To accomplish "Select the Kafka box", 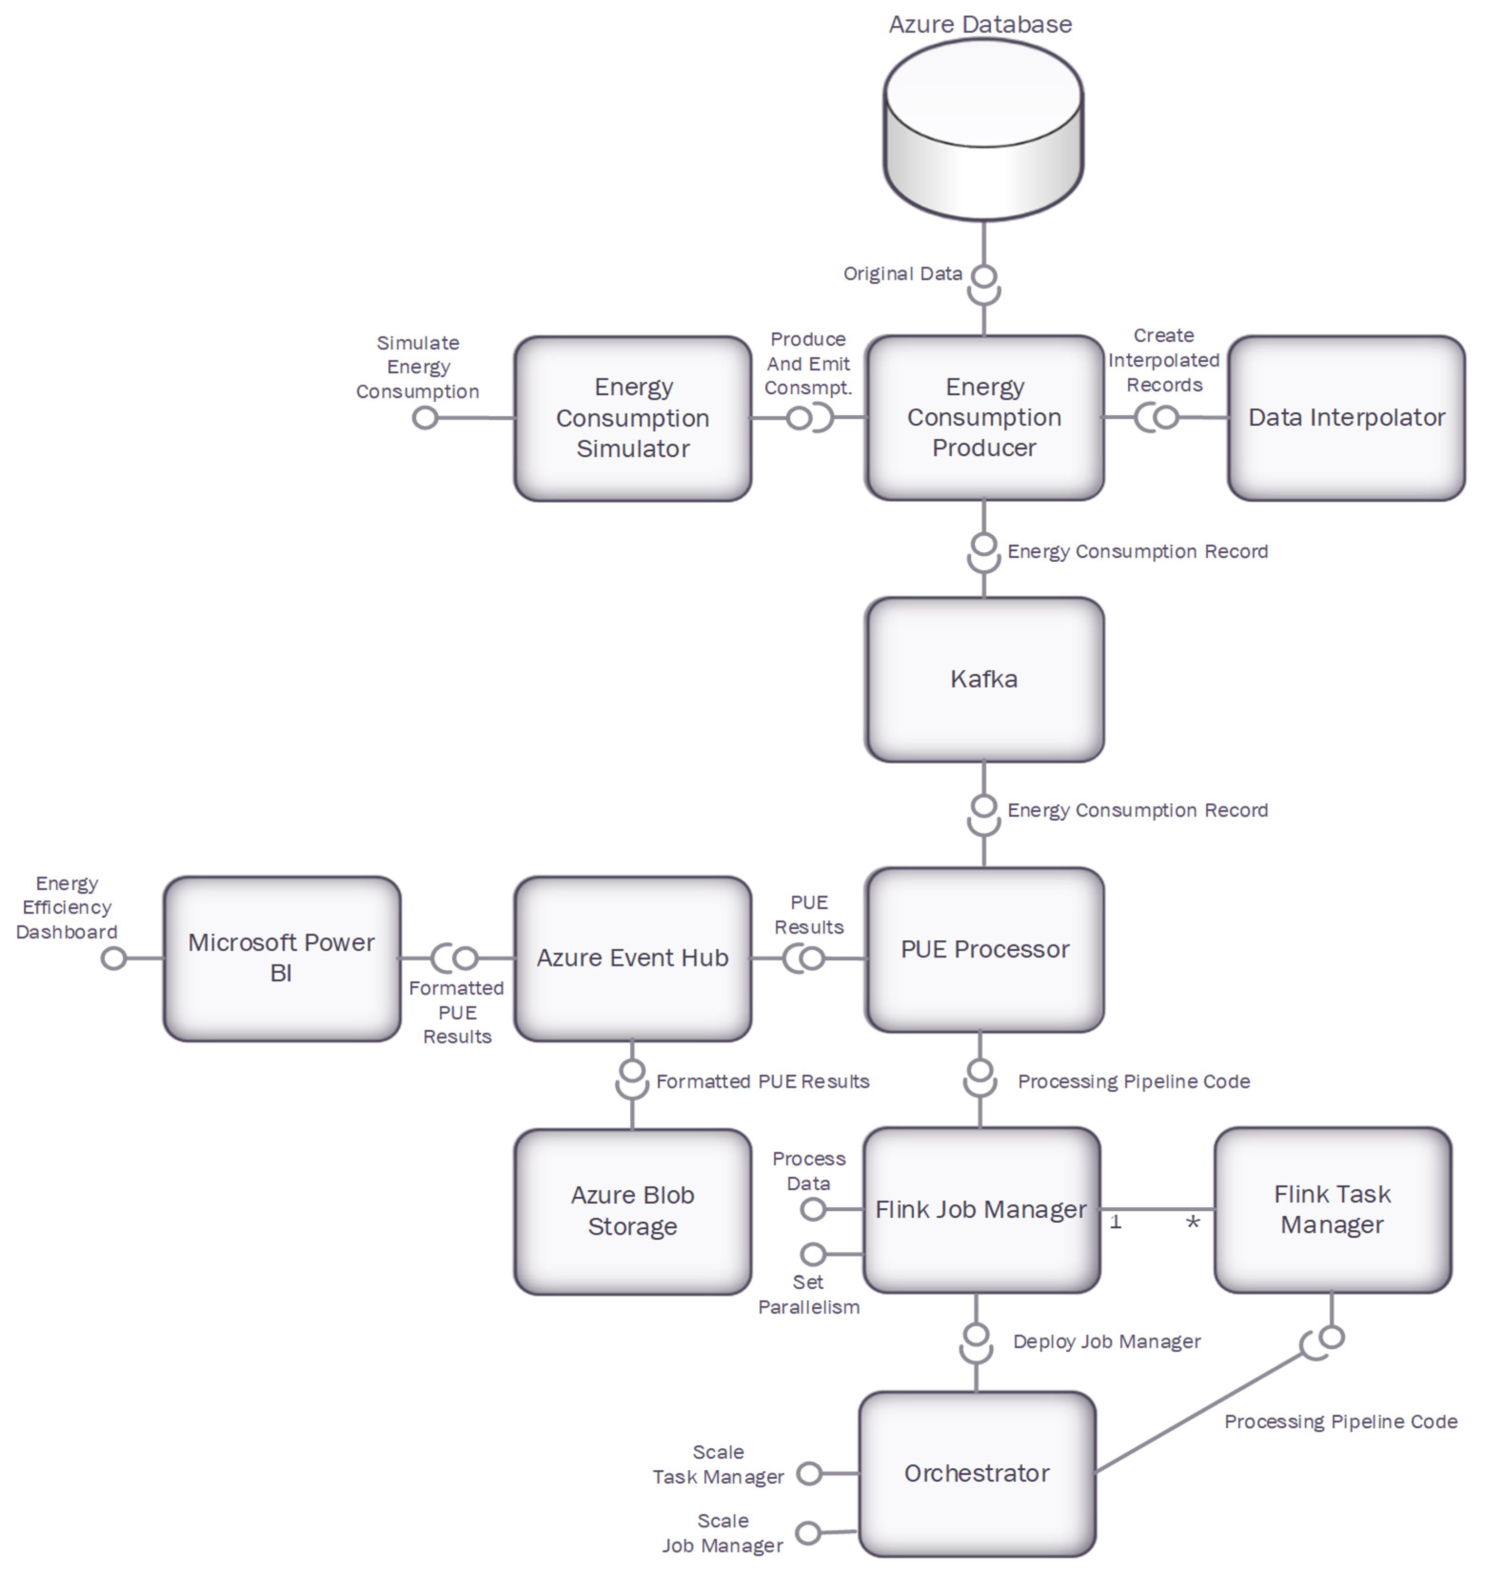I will [984, 679].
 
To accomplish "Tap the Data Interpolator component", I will [1346, 418].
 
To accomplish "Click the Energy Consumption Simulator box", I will [632, 418].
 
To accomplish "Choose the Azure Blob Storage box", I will [632, 1210].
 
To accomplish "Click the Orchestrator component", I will [977, 1473].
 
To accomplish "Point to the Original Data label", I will [902, 274].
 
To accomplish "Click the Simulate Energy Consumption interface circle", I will [425, 418].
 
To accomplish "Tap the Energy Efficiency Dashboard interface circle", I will [114, 958].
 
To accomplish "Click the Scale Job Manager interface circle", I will [808, 1533].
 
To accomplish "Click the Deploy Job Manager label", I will [1106, 1341].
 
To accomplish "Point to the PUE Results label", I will [809, 915].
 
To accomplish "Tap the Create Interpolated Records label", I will [1164, 360].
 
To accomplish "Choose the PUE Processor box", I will [984, 950].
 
